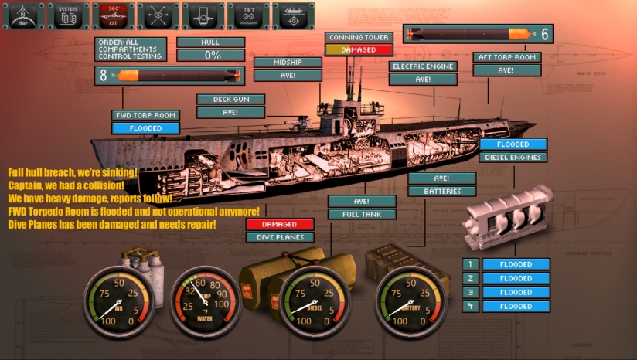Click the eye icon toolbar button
point(157,15)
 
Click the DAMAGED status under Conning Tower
point(359,49)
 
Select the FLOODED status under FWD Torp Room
point(145,128)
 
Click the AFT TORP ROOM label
point(506,57)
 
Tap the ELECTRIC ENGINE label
point(423,66)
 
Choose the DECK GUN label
point(230,99)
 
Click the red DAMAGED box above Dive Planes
point(279,224)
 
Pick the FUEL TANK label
point(362,214)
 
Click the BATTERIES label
point(442,191)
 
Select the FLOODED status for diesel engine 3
point(516,292)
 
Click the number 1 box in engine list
point(470,264)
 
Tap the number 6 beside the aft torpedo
point(544,33)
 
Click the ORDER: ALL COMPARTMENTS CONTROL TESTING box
point(131,49)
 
